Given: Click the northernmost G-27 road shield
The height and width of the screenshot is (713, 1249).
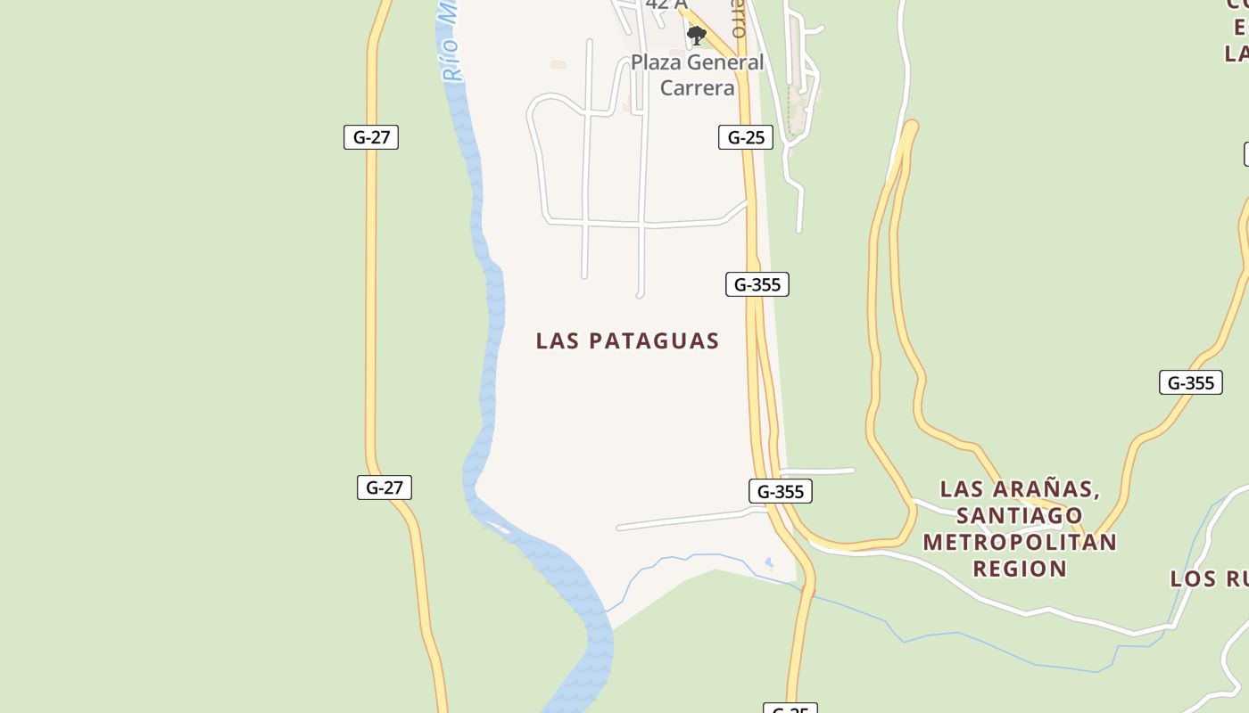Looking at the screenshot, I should pyautogui.click(x=371, y=137).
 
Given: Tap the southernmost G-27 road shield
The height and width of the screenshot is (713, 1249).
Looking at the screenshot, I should pyautogui.click(x=385, y=488).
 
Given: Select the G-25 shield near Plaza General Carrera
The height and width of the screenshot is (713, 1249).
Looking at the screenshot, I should pyautogui.click(x=745, y=137).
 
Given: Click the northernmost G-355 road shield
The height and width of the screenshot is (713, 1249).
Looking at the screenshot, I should pyautogui.click(x=757, y=284).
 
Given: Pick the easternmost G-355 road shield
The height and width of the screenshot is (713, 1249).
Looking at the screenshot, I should pyautogui.click(x=1190, y=382).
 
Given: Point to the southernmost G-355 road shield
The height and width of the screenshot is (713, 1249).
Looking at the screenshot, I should pyautogui.click(x=780, y=491).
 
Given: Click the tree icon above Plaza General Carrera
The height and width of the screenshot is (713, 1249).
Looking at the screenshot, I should pyautogui.click(x=697, y=36).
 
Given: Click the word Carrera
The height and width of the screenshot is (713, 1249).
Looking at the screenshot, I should pyautogui.click(x=697, y=87).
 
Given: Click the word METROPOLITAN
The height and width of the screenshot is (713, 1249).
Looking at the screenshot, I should pyautogui.click(x=1019, y=542).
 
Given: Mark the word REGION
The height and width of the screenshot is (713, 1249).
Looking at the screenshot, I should pyautogui.click(x=1019, y=569).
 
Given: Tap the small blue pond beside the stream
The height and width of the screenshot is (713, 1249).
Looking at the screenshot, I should pyautogui.click(x=769, y=562).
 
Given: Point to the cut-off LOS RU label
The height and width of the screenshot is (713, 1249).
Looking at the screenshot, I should pyautogui.click(x=1209, y=579).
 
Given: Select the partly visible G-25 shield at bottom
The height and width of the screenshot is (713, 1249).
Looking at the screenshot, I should pyautogui.click(x=790, y=709).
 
